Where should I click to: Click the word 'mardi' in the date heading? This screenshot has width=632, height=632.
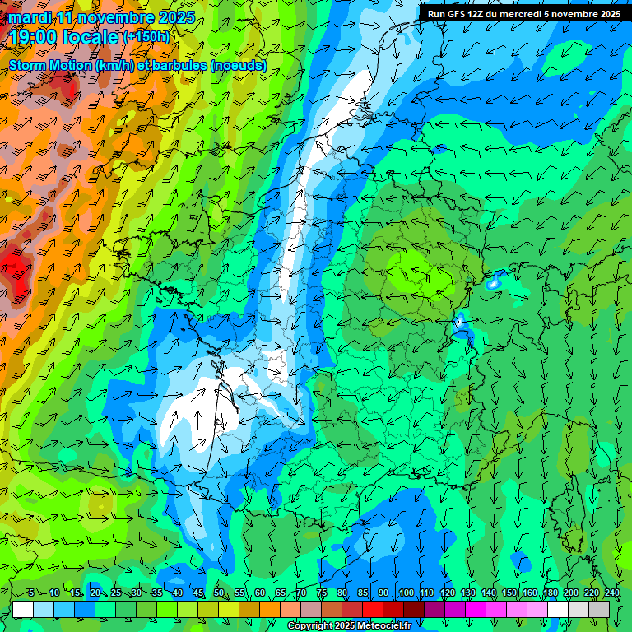pos(30,17)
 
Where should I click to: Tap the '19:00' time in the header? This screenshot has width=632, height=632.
pos(30,37)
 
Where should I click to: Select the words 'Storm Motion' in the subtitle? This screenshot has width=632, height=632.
pos(51,65)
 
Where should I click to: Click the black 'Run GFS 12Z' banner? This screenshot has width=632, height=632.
pos(523,13)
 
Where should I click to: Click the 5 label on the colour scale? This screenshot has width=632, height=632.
pos(30,592)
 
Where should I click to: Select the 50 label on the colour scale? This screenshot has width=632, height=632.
pos(219,592)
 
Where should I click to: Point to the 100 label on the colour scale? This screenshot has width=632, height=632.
pos(406,592)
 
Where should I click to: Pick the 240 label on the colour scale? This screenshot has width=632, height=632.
pos(611,592)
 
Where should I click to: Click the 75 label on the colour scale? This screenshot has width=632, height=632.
pos(322,592)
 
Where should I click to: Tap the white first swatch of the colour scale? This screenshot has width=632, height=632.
pos(23,609)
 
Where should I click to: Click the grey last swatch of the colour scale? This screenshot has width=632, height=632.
pos(599,609)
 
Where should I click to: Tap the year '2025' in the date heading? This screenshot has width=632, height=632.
pos(174,17)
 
